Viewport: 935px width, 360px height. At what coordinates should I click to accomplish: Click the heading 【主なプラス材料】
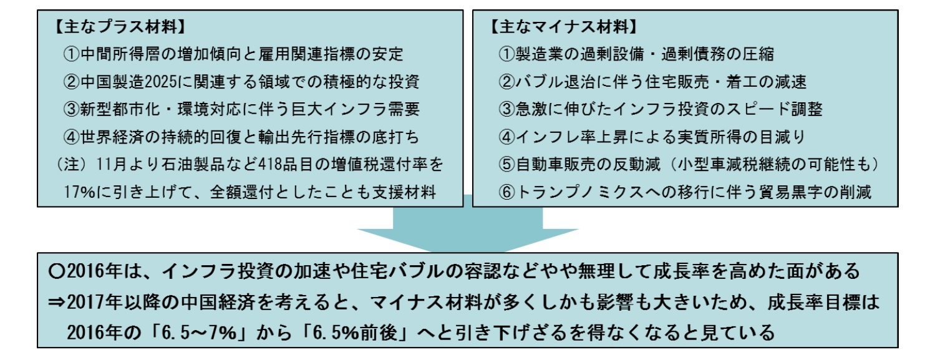pos(119,27)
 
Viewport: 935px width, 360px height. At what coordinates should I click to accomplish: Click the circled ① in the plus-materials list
pos(71,54)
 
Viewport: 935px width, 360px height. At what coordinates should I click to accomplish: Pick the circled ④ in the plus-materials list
pos(71,137)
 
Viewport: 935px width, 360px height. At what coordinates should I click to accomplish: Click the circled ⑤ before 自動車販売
pos(506,165)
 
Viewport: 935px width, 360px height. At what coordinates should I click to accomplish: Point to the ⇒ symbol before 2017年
pos(57,302)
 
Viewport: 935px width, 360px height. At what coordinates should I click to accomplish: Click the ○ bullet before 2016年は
pos(57,271)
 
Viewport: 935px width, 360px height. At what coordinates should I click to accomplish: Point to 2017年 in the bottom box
pos(94,302)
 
